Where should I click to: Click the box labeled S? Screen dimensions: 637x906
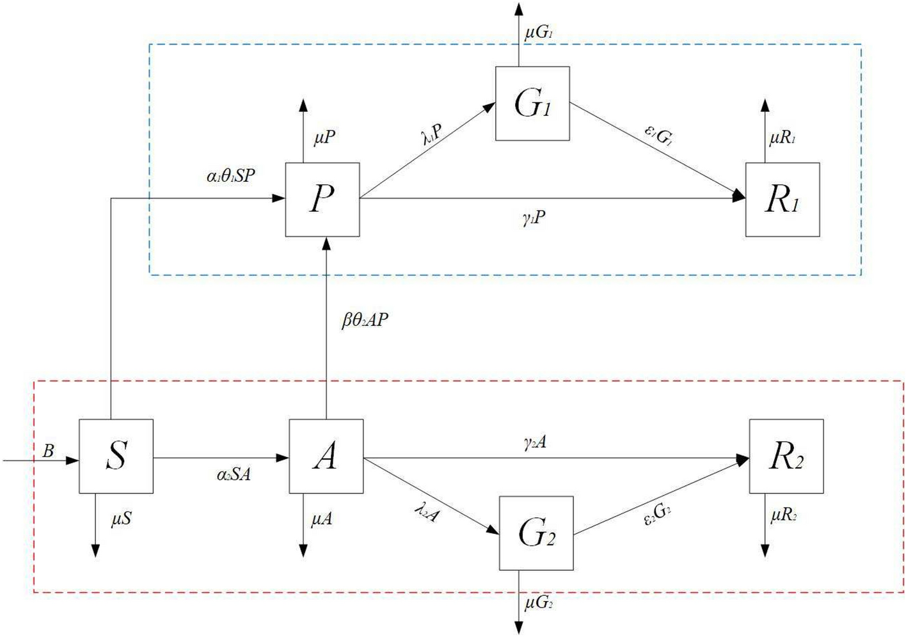pos(116,456)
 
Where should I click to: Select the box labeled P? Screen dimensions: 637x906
pos(322,199)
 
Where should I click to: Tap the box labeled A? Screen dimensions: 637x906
pos(326,456)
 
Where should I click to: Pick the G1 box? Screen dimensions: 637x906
pos(532,104)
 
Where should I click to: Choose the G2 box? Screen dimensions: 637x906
pos(536,533)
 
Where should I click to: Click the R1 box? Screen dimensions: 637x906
pos(782,199)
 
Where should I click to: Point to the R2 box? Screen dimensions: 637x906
pos(786,456)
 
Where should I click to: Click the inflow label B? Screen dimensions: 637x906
pos(49,451)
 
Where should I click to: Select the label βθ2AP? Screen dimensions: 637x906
pos(365,320)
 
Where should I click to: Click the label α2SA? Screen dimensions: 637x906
pos(234,474)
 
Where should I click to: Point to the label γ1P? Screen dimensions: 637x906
pos(534,219)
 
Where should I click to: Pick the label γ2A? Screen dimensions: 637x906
pos(535,442)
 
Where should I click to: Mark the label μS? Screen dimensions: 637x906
pos(121,519)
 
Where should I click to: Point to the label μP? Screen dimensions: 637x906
pos(324,137)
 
